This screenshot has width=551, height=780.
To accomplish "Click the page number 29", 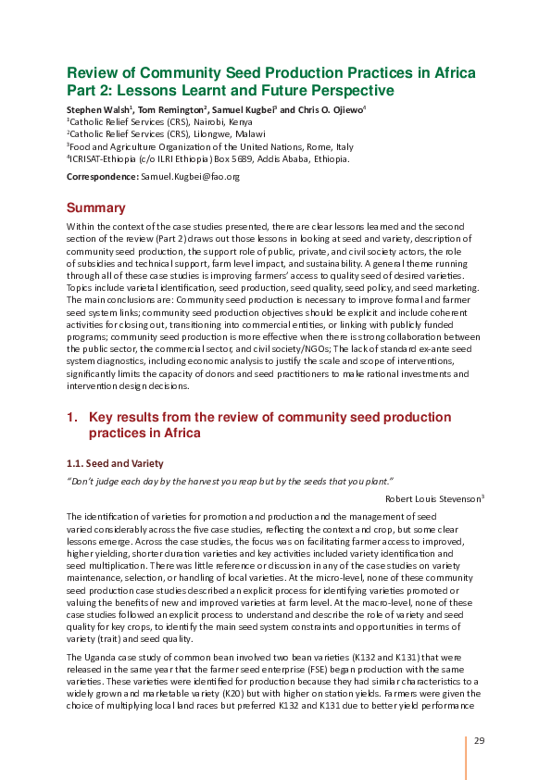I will (x=480, y=740).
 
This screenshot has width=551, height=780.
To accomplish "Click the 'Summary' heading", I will (x=95, y=208).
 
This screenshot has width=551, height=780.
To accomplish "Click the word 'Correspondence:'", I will (x=102, y=176).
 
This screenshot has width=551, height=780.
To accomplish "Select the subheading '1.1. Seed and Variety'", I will (x=115, y=462).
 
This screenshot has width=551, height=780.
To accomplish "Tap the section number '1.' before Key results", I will (x=72, y=418).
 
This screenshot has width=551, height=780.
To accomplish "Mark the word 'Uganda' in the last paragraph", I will (x=96, y=656).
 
